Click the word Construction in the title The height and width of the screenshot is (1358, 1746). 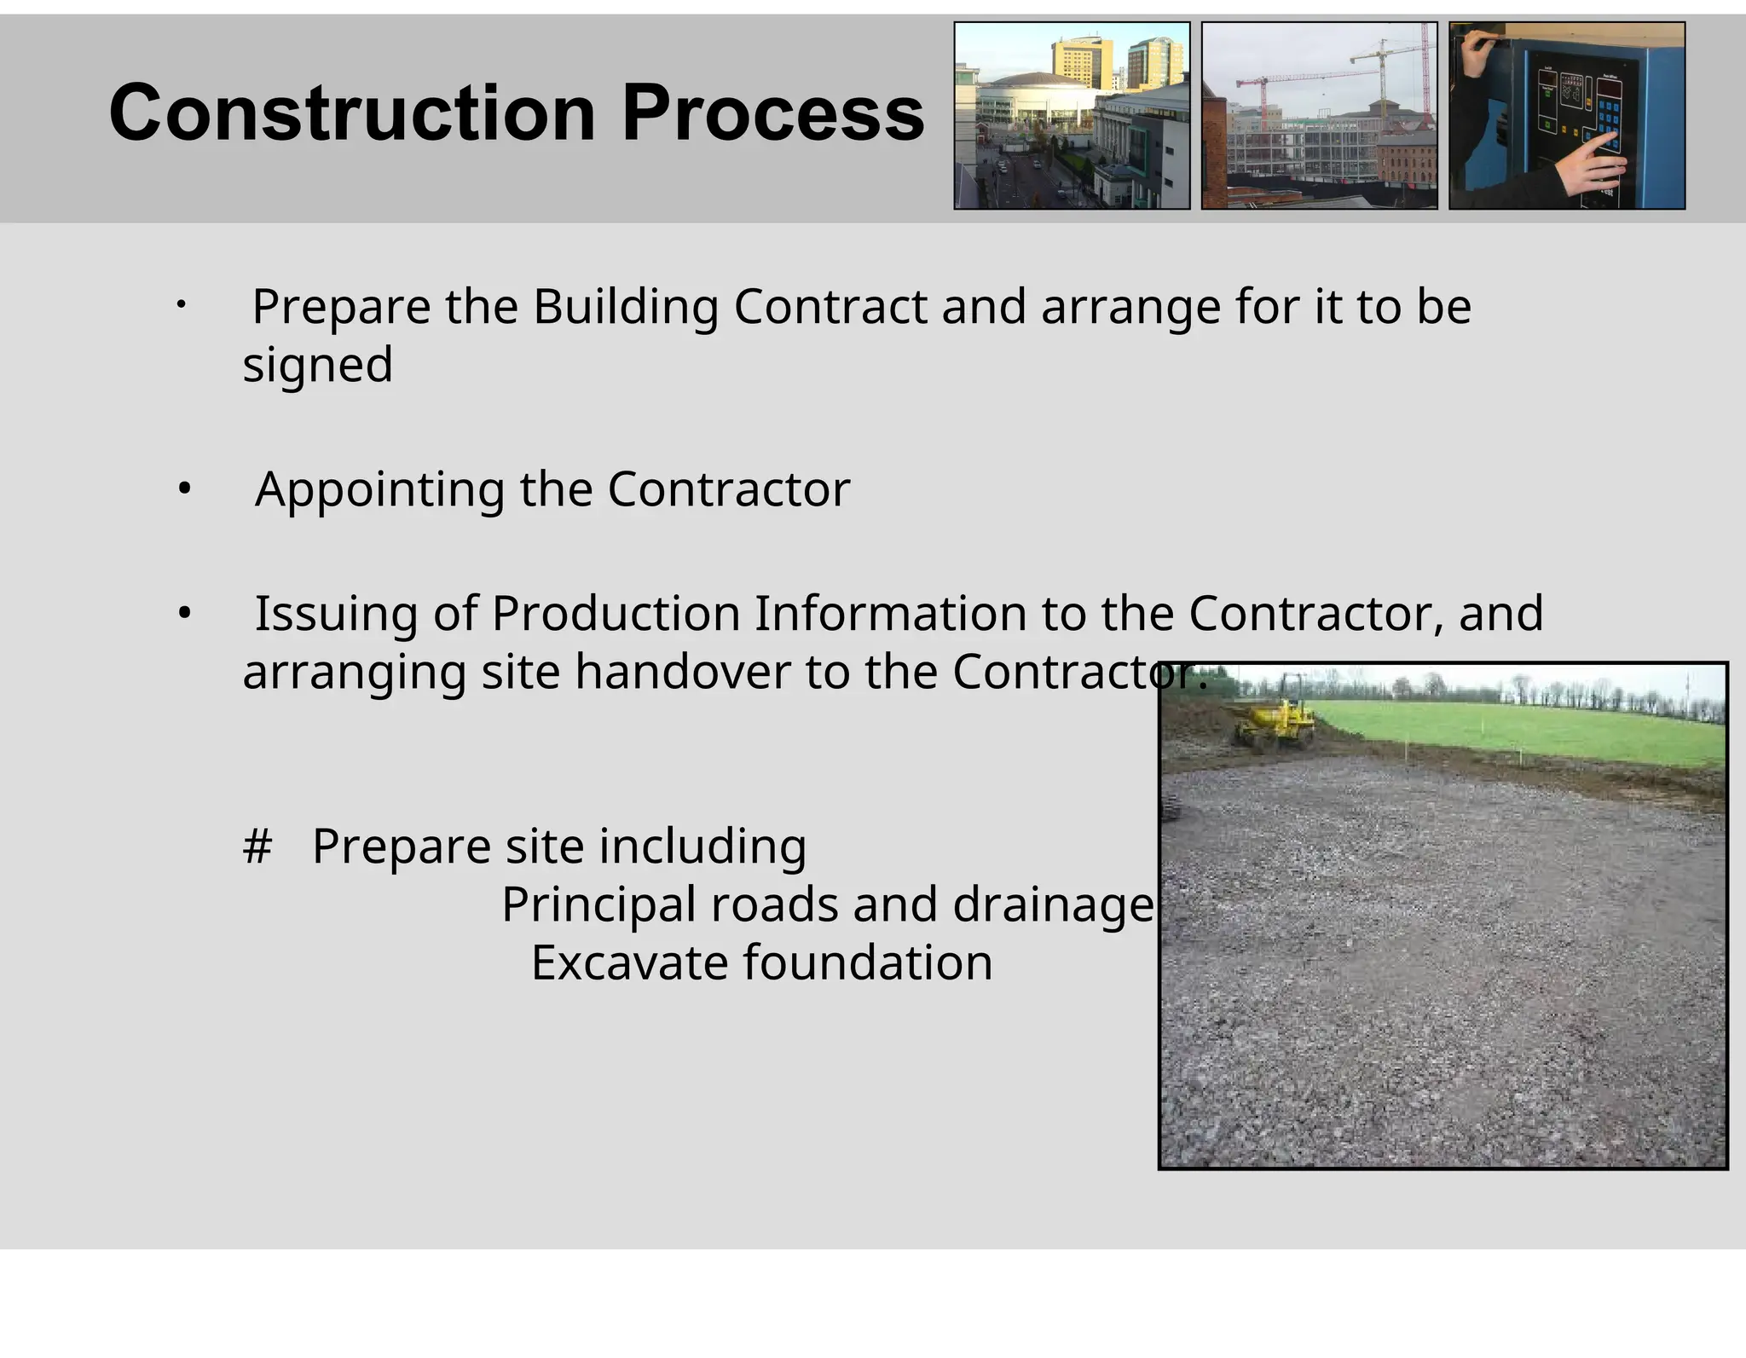351,113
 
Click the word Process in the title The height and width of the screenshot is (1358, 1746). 772,113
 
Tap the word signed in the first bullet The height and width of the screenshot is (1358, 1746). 317,365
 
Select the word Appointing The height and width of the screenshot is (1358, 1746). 380,490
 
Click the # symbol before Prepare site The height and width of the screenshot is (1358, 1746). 257,847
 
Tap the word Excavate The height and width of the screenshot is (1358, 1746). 629,963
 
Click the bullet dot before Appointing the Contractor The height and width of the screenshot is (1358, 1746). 184,490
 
